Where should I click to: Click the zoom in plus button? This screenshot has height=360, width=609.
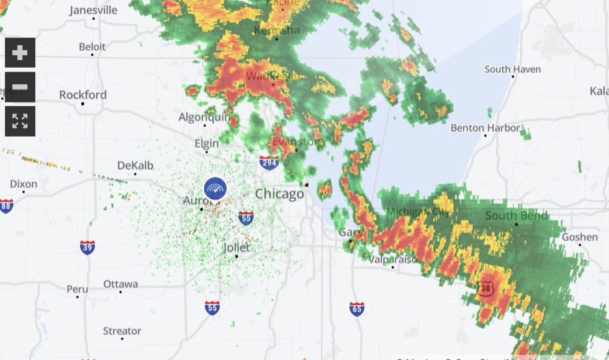[20, 53]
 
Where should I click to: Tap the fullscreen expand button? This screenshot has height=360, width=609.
[20, 121]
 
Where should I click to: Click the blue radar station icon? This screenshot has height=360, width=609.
[215, 189]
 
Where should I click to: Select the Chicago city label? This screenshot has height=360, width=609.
[279, 194]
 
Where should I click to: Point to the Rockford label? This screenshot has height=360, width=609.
[83, 95]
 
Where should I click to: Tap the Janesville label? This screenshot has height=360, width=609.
[93, 11]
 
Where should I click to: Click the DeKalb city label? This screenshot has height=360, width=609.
[135, 166]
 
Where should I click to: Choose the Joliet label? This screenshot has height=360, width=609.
[236, 248]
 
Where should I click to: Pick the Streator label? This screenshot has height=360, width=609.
[122, 331]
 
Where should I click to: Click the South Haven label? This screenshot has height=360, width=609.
[512, 70]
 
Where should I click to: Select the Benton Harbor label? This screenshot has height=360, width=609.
[485, 128]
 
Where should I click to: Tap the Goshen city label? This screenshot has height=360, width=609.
[579, 237]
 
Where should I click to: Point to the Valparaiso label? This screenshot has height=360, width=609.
[392, 259]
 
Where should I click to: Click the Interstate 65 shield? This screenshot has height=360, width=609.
[356, 308]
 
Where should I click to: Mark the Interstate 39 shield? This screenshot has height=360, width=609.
[88, 246]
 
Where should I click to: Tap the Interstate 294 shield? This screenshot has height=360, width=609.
[268, 163]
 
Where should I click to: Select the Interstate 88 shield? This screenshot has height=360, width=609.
[6, 206]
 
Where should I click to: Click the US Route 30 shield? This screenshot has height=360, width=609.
[485, 289]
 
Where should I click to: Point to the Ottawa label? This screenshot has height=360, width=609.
[120, 284]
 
